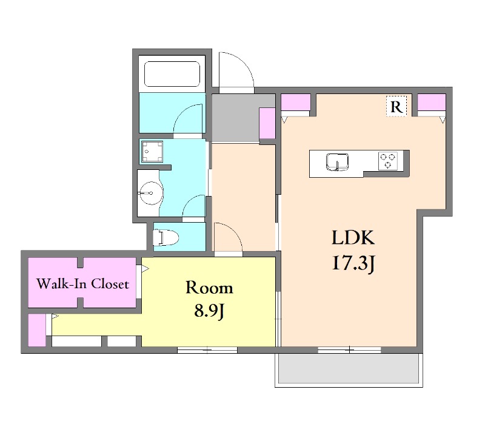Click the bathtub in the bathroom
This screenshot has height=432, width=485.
pos(172,74)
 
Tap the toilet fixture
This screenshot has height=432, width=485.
pos(166,237)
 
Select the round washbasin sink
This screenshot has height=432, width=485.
pos(150,193)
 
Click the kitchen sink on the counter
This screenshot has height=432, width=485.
pos(337,162)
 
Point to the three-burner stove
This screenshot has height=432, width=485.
pos(388,161)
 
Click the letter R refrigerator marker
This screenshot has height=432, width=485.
pos(396,107)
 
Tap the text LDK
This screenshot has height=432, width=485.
pos(353,238)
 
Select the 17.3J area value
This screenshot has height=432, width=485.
pos(353,265)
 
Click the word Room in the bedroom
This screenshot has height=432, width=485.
pos(209,288)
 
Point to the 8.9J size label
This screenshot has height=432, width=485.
pos(209,311)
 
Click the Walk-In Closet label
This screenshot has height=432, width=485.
pos(82,283)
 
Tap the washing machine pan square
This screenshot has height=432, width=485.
pos(152,152)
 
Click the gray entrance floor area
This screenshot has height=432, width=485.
pos(236,118)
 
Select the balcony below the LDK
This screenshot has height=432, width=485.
pos(349,369)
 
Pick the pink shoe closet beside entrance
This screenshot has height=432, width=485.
pos(267,123)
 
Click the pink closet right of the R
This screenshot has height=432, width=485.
pos(432,103)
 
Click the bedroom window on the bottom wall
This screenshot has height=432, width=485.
pos(207,350)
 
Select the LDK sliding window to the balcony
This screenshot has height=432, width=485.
pos(349,350)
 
